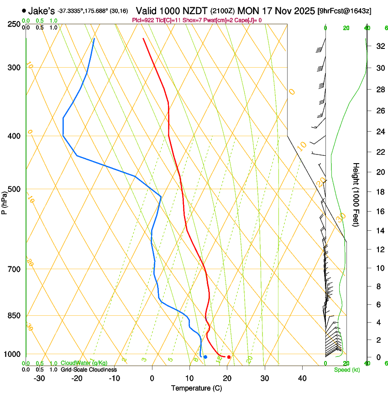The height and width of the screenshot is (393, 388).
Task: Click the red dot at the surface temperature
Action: tap(229, 357)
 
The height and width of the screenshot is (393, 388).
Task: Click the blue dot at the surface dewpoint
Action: tap(205, 357)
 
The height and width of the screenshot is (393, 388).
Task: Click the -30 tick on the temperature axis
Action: tap(39, 378)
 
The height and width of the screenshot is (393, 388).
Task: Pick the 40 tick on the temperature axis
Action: tap(302, 378)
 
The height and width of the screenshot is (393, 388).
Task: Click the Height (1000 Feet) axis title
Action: tap(356, 195)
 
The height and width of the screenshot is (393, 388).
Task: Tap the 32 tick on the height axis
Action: tap(379, 46)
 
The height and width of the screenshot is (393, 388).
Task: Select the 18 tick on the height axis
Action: tap(379, 192)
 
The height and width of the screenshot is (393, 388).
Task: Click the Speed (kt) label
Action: tap(346, 370)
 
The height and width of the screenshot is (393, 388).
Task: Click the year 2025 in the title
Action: tap(301, 11)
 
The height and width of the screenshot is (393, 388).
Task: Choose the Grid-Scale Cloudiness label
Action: tap(89, 370)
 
